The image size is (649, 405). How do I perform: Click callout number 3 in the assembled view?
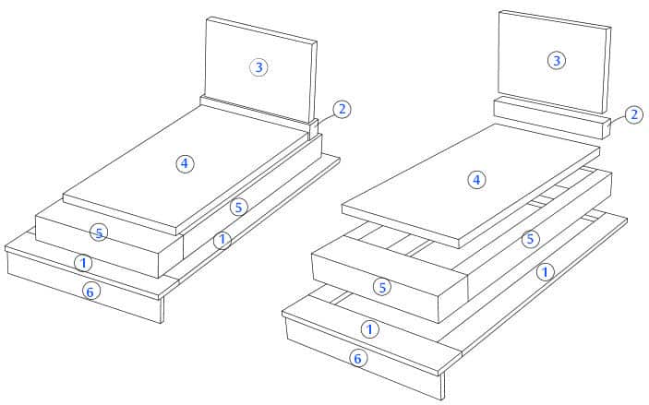click(258, 67)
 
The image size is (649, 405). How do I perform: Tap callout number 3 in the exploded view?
click(557, 60)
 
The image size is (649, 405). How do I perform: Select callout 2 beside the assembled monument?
click(342, 109)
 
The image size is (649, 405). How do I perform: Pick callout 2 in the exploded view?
click(634, 114)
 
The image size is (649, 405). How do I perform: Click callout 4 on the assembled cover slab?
click(185, 163)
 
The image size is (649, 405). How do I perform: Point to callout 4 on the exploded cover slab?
click(476, 180)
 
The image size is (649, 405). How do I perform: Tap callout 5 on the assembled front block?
click(99, 232)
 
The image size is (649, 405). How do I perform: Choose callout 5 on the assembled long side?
click(239, 208)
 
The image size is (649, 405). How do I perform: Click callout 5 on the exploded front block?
click(382, 287)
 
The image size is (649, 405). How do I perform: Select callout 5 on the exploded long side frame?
click(530, 239)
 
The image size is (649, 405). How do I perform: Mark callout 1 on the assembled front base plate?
click(83, 263)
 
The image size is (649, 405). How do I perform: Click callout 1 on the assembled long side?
click(222, 240)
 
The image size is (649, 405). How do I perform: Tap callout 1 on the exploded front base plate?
click(369, 329)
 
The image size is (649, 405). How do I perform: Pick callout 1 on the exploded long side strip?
click(545, 272)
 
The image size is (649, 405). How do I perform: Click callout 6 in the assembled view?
click(90, 292)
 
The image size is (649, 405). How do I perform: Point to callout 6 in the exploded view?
click(357, 358)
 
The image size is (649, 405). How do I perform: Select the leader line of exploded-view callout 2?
click(618, 120)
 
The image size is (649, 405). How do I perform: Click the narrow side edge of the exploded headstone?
click(605, 70)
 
